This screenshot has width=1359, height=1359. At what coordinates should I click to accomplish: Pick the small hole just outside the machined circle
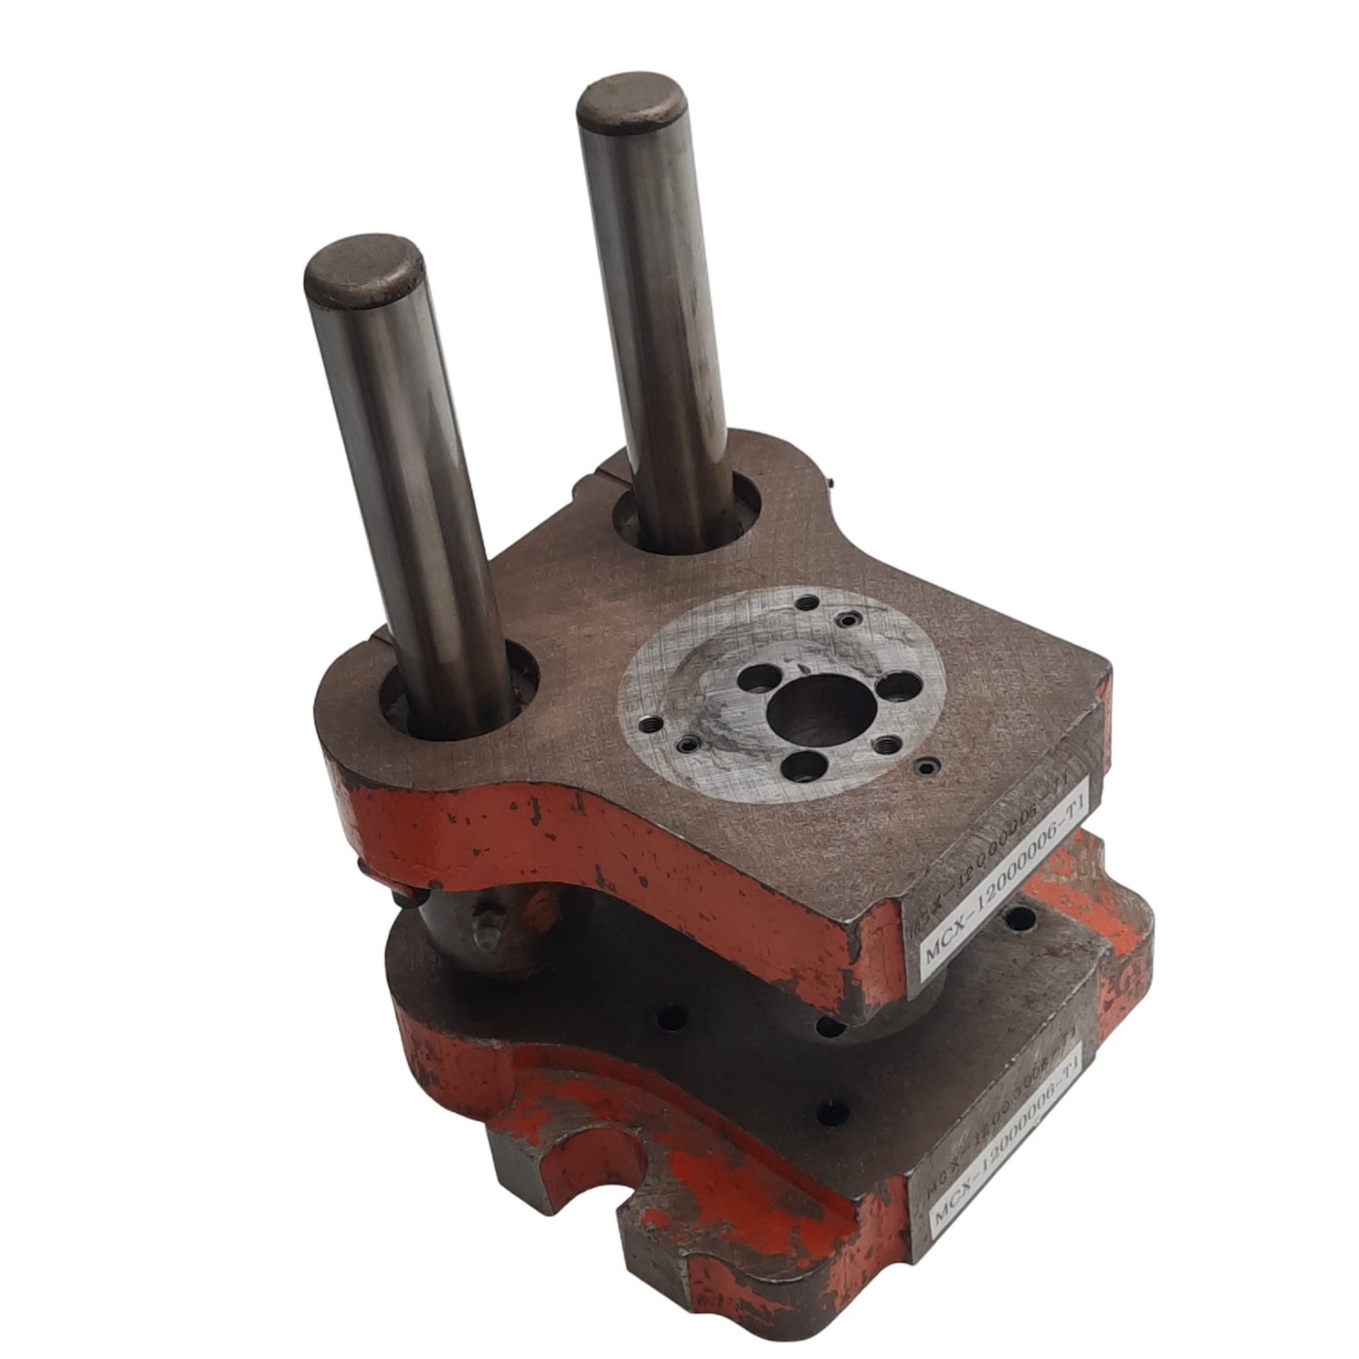[x=930, y=766]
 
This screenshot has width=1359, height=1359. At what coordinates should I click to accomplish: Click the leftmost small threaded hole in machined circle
[x=650, y=724]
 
